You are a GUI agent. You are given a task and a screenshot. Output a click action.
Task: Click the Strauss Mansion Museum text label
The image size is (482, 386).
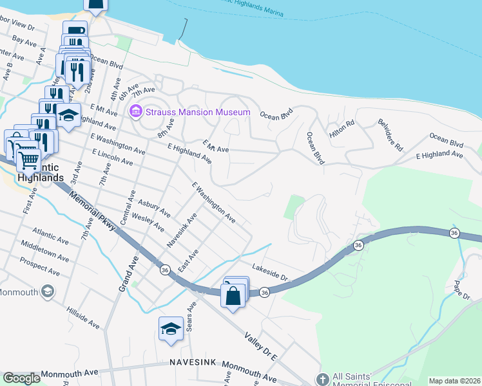(197, 113)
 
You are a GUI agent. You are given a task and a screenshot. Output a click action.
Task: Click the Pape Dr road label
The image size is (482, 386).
(462, 288)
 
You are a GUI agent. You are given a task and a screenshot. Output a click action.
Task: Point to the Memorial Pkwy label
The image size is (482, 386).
(91, 210)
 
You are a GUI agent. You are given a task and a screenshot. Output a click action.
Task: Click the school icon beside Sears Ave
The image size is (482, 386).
(171, 328)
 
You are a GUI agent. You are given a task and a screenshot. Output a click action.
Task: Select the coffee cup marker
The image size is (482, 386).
(75, 30)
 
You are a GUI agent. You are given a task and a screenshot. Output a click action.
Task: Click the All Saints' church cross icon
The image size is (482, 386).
(323, 380)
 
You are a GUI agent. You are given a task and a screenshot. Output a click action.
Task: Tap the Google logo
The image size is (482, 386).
(21, 378)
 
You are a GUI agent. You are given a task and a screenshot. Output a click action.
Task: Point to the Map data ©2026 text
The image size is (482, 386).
(454, 381)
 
